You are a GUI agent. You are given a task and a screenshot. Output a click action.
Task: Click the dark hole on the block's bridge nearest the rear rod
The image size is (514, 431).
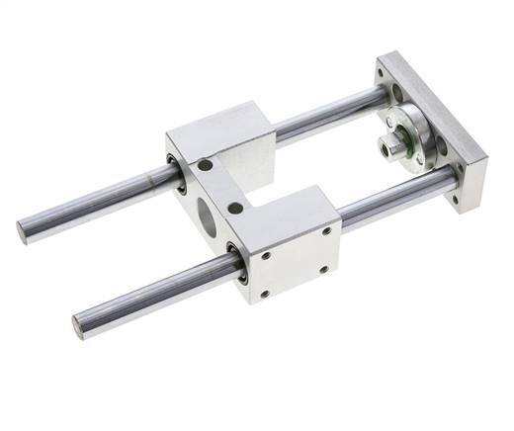tap(205, 165)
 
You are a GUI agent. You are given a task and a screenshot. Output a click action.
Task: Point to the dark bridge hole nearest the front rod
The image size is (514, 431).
tap(236, 209)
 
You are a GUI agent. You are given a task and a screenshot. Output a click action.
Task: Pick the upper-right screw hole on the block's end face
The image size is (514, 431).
tap(326, 231)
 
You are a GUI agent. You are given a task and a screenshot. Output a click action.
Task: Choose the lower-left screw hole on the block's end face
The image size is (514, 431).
tap(265, 294)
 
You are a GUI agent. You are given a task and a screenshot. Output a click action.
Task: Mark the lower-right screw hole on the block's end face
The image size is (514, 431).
tap(323, 269)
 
